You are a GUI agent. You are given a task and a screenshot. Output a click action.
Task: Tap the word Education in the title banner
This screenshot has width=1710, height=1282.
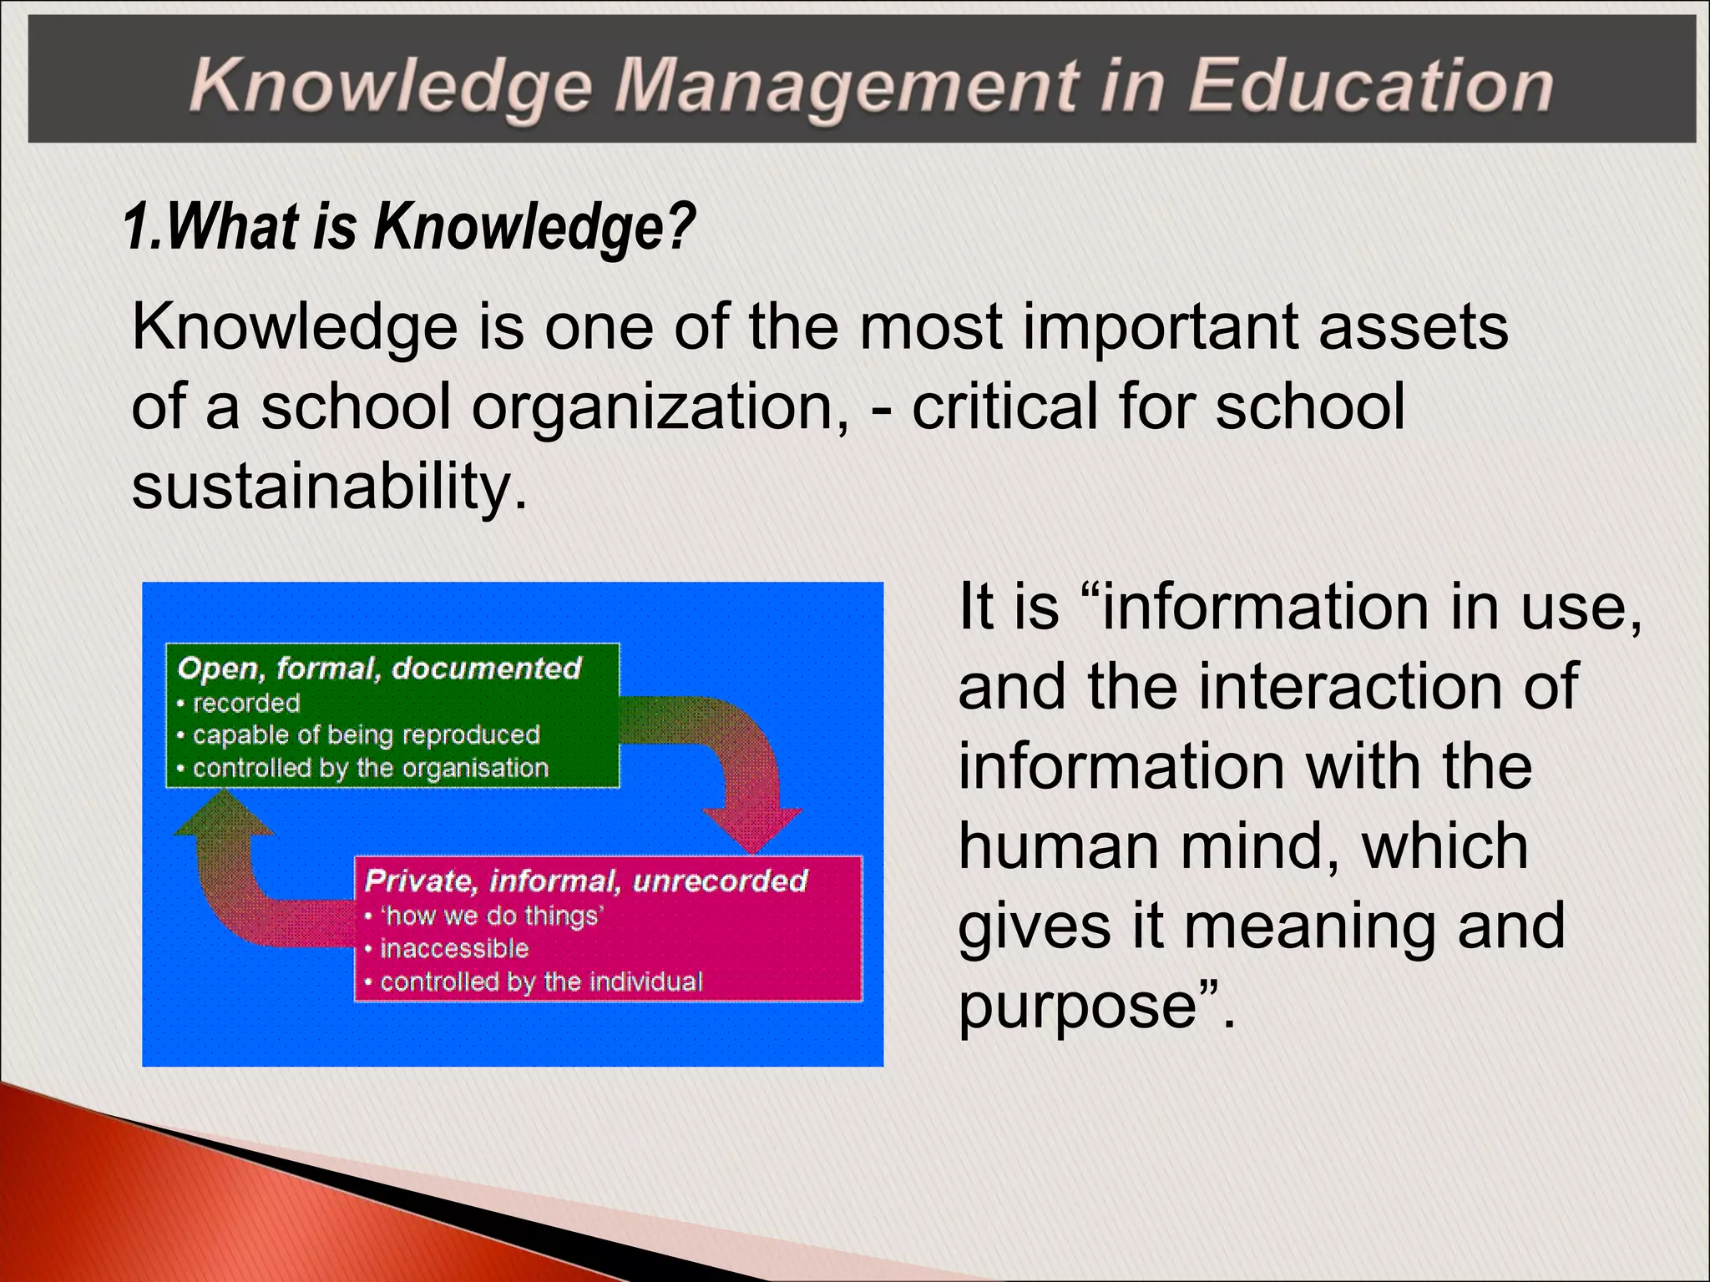[x=1369, y=87]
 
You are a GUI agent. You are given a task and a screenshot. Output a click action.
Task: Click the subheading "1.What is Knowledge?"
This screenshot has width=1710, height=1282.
[x=409, y=227]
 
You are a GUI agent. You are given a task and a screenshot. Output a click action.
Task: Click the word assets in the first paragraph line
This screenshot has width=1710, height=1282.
[x=1413, y=326]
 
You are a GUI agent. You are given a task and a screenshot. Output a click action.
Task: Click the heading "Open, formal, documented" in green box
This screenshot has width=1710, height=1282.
[x=379, y=669]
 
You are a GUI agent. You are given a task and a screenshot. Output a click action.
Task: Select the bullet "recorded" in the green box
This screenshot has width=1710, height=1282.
[x=246, y=704]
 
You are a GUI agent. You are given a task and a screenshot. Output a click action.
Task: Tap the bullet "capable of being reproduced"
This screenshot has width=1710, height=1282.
[x=367, y=735]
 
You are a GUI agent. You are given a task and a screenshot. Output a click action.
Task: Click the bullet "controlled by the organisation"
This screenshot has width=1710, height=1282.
[x=371, y=768]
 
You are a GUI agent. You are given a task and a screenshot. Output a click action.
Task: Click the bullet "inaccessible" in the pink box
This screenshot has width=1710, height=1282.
[x=454, y=949]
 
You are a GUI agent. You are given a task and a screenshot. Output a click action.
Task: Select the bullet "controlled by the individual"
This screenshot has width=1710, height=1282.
[x=541, y=982]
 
